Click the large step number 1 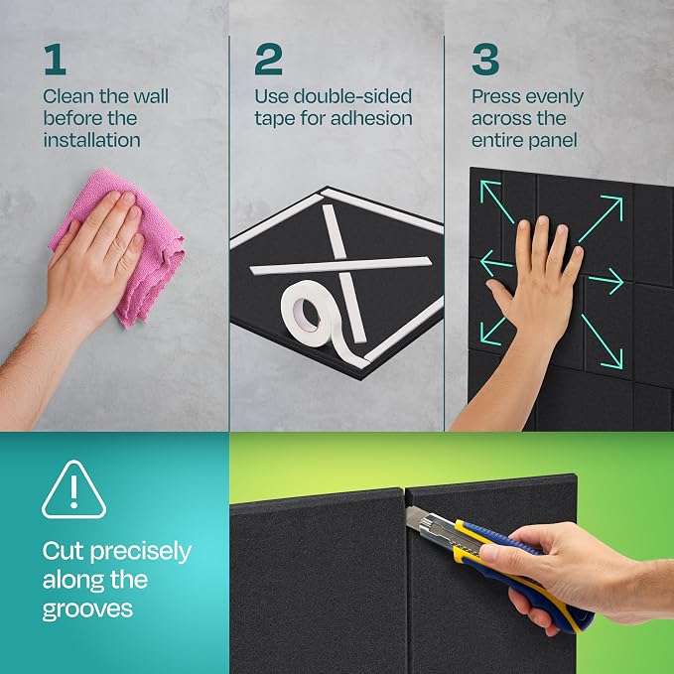click(x=55, y=59)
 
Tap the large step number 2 click(x=268, y=59)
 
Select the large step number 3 click(x=485, y=59)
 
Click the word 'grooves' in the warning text click(x=87, y=609)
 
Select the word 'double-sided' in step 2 click(x=352, y=96)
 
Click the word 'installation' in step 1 click(x=91, y=140)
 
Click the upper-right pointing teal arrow click(x=601, y=218)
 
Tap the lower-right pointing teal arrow click(x=602, y=341)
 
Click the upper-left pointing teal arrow click(x=497, y=202)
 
